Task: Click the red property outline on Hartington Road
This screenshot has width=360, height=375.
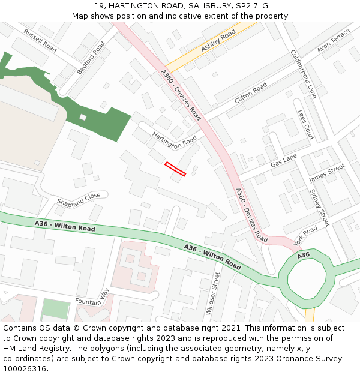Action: coord(175,169)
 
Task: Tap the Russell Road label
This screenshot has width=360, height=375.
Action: coord(40,40)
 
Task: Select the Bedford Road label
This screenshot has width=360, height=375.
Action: coord(91,58)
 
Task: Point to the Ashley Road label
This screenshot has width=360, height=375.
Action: coord(218,41)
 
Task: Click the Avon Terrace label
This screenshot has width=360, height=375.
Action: coord(333,41)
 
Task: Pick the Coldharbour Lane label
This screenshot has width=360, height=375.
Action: coord(303,73)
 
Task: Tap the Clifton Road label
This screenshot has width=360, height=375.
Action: coord(251,93)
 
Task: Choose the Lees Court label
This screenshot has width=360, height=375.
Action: coord(305,124)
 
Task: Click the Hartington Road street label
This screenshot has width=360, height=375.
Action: coord(175,141)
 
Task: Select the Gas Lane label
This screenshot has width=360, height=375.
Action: coord(284,160)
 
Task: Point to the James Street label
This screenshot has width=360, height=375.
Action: coord(327,173)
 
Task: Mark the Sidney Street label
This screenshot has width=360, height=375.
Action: coord(319,208)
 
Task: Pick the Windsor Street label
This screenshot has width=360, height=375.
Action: coord(213,293)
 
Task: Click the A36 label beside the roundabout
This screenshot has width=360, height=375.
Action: coord(304,255)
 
